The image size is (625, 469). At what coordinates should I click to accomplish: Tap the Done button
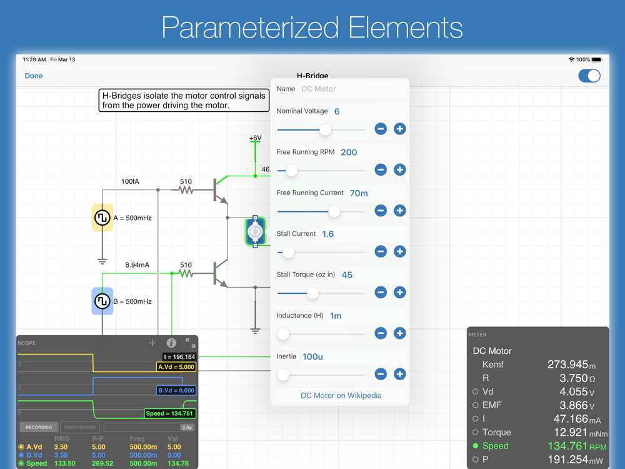(x=34, y=76)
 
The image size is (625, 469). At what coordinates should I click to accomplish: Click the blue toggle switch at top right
(x=589, y=76)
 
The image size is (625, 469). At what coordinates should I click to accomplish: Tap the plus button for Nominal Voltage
(x=400, y=129)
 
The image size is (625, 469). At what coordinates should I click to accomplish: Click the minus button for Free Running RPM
(x=381, y=170)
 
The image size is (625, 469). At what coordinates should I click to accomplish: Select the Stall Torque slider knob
(x=312, y=293)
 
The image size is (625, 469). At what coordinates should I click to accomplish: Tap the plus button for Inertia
(x=400, y=374)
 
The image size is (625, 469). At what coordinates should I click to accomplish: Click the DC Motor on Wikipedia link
(x=341, y=395)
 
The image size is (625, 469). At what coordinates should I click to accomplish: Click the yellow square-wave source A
(x=102, y=218)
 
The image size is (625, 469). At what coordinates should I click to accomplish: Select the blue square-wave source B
(x=102, y=301)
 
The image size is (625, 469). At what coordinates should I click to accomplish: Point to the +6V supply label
(x=255, y=138)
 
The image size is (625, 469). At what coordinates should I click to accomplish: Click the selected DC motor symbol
(x=255, y=231)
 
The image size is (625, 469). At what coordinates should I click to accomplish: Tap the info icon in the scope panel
(x=171, y=343)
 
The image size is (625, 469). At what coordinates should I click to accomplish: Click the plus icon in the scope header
(x=152, y=343)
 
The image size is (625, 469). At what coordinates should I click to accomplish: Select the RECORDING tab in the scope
(x=39, y=427)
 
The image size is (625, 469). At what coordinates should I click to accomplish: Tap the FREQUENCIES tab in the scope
(x=80, y=427)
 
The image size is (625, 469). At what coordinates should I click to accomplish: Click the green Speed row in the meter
(x=537, y=446)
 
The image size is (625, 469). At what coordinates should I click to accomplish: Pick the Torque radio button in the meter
(x=476, y=432)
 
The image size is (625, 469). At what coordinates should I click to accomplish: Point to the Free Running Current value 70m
(x=359, y=193)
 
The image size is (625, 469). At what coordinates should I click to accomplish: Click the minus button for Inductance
(x=381, y=333)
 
